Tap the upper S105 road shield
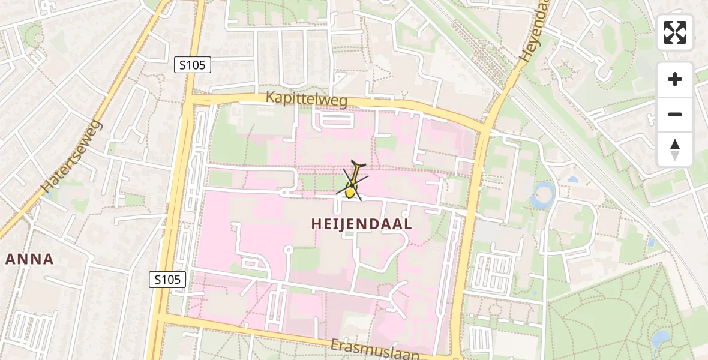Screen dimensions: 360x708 193,65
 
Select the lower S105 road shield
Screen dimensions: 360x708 167,279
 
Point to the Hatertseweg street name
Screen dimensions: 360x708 73,156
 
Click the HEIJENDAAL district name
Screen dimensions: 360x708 362,224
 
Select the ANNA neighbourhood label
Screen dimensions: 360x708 29,259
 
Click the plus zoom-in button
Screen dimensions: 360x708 675,80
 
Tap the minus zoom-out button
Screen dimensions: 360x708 675,115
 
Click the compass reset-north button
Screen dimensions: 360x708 675,149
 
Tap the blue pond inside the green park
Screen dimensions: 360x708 661,339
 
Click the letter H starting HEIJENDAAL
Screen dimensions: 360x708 317,224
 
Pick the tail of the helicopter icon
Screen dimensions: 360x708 359,164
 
